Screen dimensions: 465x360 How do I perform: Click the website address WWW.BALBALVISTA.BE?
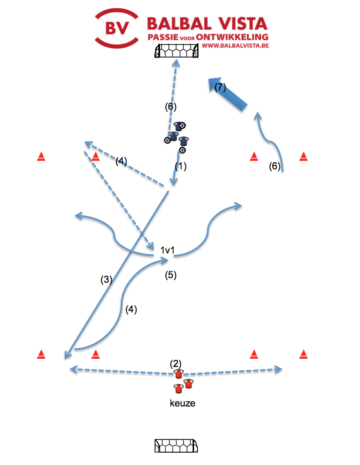tap(235, 46)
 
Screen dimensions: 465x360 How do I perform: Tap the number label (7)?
tap(220, 87)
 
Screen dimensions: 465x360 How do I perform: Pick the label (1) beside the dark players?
tap(180, 166)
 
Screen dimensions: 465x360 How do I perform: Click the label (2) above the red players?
tap(175, 363)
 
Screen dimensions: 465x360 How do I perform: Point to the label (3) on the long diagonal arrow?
tap(106, 280)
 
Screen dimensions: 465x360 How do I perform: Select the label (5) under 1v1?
tap(170, 275)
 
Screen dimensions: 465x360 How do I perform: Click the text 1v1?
tap(167, 250)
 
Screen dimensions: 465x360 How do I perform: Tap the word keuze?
tap(182, 403)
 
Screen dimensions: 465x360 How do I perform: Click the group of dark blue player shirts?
tap(177, 136)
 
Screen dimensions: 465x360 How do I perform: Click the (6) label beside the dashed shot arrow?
tap(170, 107)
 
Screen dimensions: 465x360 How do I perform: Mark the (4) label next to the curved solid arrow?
tap(131, 309)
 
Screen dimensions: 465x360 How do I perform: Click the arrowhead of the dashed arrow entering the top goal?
tap(176, 63)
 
